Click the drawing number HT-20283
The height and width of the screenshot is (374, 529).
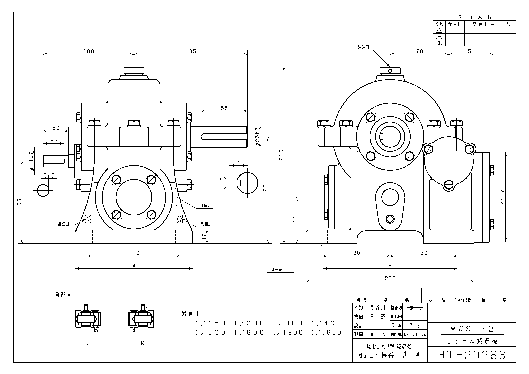(x=471, y=355)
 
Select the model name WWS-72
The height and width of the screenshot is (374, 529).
(x=472, y=329)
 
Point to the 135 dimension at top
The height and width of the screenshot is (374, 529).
(x=191, y=51)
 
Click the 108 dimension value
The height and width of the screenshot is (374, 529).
(x=89, y=51)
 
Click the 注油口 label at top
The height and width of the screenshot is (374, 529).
(x=363, y=47)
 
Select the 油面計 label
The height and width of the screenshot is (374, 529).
(x=205, y=206)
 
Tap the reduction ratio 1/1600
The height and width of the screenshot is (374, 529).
(x=326, y=332)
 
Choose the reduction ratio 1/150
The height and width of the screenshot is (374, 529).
(x=211, y=323)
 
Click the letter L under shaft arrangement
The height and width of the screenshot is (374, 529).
(x=86, y=343)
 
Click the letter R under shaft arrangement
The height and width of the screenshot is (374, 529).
(x=143, y=343)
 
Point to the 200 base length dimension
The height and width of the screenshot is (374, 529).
(x=390, y=278)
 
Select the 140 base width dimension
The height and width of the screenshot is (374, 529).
(x=134, y=266)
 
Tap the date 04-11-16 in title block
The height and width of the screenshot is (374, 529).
(x=415, y=334)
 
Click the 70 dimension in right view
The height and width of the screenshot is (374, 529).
(x=419, y=51)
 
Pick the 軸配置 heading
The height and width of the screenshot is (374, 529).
(x=63, y=295)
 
